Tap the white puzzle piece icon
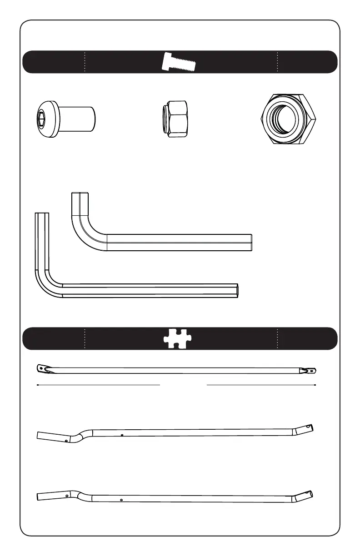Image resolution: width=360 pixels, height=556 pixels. point(178,339)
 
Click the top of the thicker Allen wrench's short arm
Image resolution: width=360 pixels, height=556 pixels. point(80,194)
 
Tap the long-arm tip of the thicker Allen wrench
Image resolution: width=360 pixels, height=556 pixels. point(251,243)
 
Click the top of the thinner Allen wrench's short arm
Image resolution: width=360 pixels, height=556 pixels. point(41,214)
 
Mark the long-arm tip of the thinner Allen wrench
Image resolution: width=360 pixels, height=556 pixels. point(237,291)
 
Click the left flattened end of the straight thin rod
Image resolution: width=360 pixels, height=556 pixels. point(42,368)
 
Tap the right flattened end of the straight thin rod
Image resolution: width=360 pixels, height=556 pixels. point(312,371)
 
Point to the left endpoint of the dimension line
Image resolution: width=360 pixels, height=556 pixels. point(37,385)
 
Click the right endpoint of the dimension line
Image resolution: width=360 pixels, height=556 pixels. point(315,385)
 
